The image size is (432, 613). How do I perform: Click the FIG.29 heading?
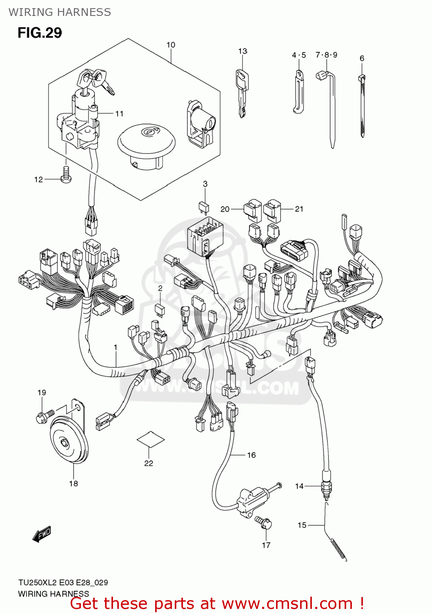coord(40,33)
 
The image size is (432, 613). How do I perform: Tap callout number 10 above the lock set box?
coord(171,45)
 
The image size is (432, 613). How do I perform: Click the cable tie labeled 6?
coord(362,106)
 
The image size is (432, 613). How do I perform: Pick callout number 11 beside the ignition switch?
coord(119,114)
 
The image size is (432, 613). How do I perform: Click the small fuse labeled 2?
coord(160,309)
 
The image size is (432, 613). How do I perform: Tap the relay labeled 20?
coord(252,210)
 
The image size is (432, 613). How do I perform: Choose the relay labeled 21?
coord(272,210)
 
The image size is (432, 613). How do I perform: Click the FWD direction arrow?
coord(42,534)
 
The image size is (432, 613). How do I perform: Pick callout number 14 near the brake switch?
coord(299,486)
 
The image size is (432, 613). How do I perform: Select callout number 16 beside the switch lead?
coord(251,455)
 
